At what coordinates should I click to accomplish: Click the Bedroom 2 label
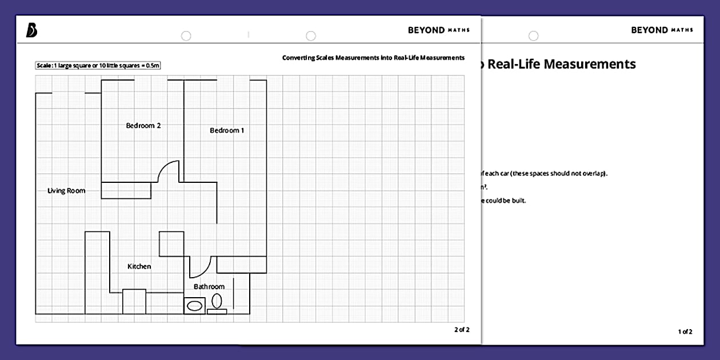tap(143, 125)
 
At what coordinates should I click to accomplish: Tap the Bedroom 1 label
tap(227, 130)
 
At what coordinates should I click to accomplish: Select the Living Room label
tap(66, 191)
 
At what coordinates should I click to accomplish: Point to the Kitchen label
tap(139, 266)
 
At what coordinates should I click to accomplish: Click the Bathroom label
tap(209, 286)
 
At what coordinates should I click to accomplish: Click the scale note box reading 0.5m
tap(98, 66)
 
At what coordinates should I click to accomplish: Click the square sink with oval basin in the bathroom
tap(194, 305)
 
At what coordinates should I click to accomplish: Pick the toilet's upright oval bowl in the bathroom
tap(217, 300)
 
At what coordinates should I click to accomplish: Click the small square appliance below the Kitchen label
tap(134, 301)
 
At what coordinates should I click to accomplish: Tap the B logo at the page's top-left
tap(32, 31)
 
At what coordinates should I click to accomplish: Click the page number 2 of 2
tap(462, 330)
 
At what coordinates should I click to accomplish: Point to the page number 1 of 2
tap(685, 331)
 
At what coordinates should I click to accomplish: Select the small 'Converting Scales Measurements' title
tap(373, 58)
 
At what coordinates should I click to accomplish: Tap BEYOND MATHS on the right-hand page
tap(662, 30)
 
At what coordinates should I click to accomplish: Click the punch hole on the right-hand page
tap(533, 36)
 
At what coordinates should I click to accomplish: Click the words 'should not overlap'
tap(577, 173)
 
